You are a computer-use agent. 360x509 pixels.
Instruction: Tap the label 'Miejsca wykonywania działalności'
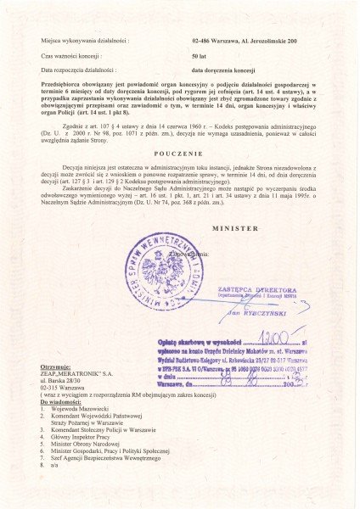pyautogui.click(x=83, y=40)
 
